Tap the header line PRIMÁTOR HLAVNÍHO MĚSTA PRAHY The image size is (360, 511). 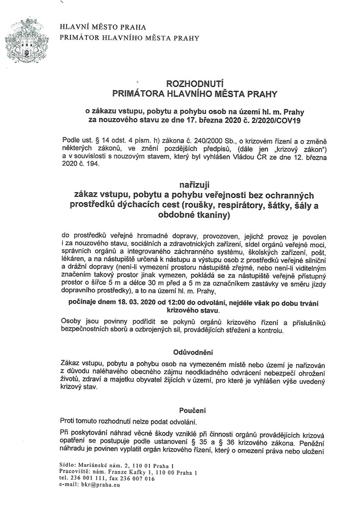(x=130, y=38)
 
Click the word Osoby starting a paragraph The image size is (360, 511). (x=72, y=323)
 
